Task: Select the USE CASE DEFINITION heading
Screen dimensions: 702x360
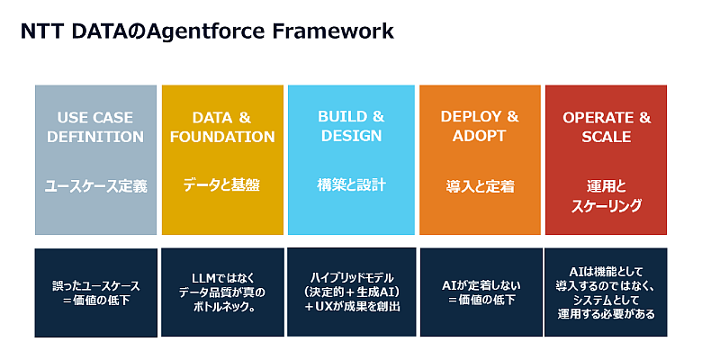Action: coord(95,127)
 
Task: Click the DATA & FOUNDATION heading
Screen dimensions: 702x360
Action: coord(222,127)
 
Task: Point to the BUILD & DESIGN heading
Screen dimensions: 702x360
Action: coord(351,126)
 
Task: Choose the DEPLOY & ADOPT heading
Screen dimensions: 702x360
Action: coord(480,126)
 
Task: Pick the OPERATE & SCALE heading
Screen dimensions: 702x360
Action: coord(607,127)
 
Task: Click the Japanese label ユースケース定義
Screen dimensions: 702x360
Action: coord(95,185)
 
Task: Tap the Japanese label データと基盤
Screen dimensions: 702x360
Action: coord(221,184)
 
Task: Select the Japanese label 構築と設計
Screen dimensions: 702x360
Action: coord(351,184)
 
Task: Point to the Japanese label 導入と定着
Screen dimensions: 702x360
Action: coord(480,185)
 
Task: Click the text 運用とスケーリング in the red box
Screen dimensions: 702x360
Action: coord(607,195)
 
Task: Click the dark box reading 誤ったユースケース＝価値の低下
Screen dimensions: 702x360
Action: coord(95,292)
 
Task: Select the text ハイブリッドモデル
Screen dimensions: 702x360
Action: coord(352,277)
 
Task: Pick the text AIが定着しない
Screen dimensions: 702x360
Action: coord(481,285)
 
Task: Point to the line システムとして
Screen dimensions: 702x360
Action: coord(607,300)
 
